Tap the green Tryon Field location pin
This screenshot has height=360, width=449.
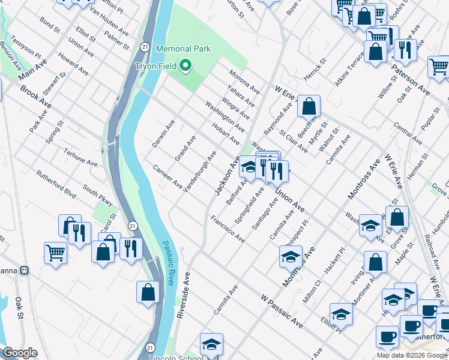pyautogui.click(x=186, y=65)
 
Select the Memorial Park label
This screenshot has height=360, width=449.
pyautogui.click(x=183, y=49)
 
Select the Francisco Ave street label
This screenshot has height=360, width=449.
pyautogui.click(x=228, y=230)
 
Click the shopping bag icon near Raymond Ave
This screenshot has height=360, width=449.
pyautogui.click(x=309, y=106)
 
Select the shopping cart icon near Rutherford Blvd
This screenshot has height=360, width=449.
pyautogui.click(x=55, y=253)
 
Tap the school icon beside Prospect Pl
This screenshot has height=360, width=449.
pyautogui.click(x=291, y=257)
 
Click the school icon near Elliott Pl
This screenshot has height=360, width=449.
pyautogui.click(x=341, y=314)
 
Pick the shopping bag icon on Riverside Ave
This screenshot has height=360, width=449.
pyautogui.click(x=148, y=292)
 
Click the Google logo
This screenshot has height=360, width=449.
pyautogui.click(x=20, y=353)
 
